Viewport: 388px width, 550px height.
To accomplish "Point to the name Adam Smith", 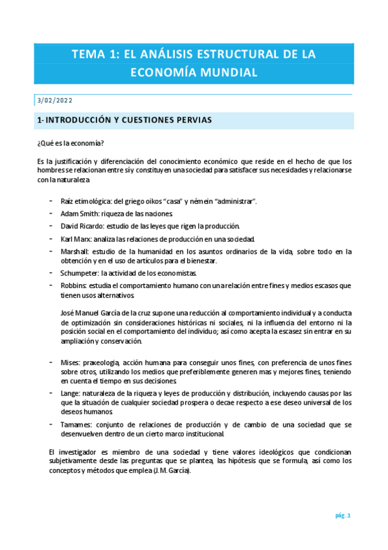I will [x=76, y=213].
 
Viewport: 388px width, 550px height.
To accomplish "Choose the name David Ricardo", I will [x=80, y=226].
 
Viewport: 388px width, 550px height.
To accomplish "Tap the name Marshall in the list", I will [x=74, y=251].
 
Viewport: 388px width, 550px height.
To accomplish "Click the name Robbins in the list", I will [x=73, y=285].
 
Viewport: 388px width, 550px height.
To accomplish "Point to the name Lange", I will [x=71, y=393].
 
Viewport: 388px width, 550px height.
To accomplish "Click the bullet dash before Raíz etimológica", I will [x=51, y=201].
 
